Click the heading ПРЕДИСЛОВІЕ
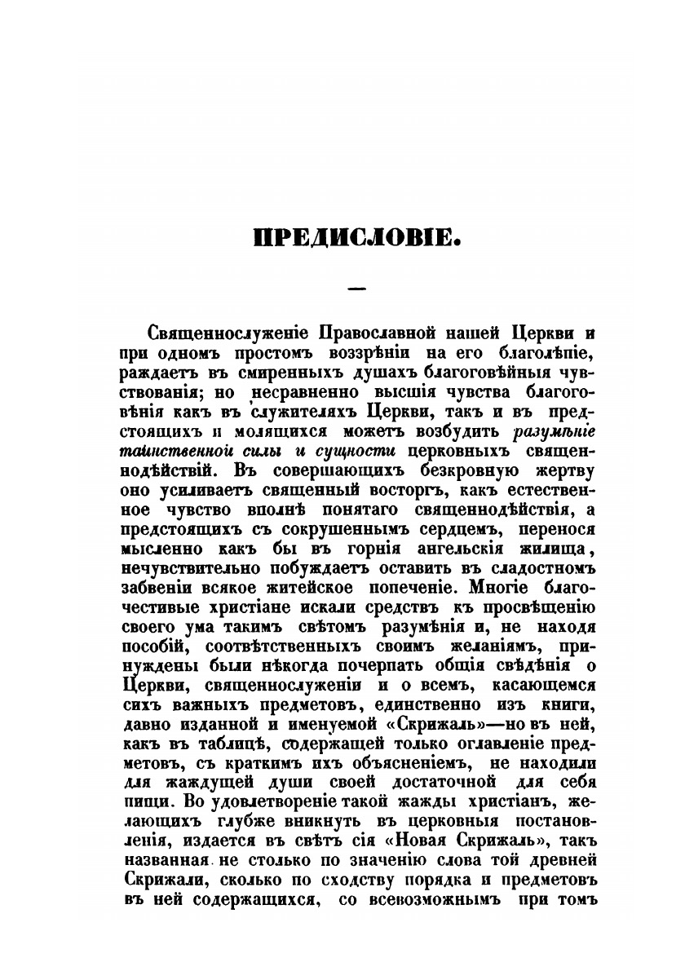click(358, 239)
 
